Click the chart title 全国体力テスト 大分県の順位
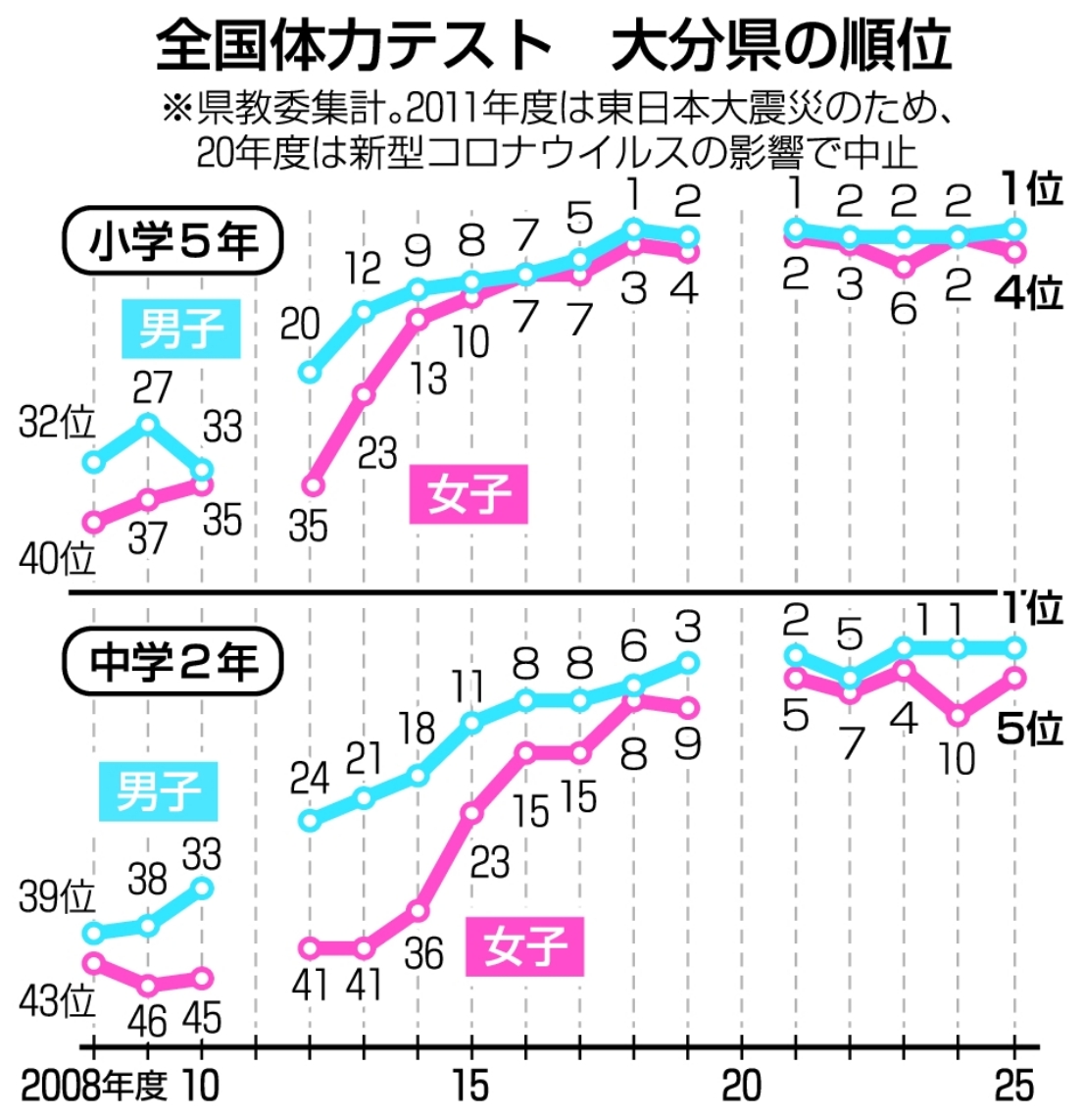[x=554, y=45]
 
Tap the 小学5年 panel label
[x=173, y=241]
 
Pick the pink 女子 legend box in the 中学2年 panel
[x=525, y=946]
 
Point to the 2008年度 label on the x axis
[x=94, y=1086]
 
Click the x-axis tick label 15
[x=471, y=1086]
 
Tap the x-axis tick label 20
[x=741, y=1086]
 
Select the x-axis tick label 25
[x=1012, y=1086]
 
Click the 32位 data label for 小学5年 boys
[x=57, y=424]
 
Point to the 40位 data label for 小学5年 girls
[x=58, y=560]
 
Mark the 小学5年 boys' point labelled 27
[x=148, y=424]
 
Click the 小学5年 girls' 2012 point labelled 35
[x=312, y=485]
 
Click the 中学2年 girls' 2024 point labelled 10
[x=959, y=716]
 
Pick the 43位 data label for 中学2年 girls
[x=57, y=1002]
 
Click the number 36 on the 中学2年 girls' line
[x=423, y=953]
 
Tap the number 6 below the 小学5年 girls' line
[x=903, y=308]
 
